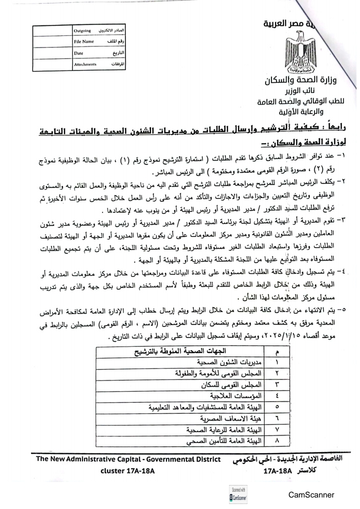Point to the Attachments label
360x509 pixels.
(x=84, y=64)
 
